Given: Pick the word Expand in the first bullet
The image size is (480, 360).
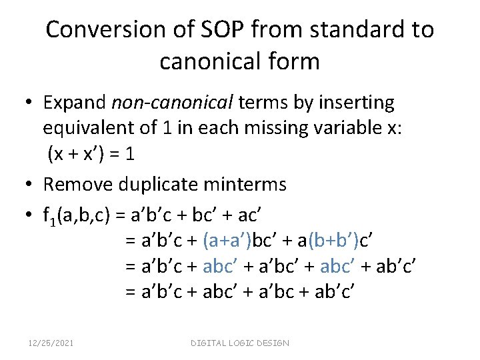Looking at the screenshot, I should tap(75, 103).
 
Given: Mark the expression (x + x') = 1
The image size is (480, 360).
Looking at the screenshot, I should tap(91, 154).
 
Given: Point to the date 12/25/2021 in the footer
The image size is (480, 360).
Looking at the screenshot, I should tap(51, 343).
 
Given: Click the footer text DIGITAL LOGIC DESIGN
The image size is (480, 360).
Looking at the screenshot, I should tap(240, 343).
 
